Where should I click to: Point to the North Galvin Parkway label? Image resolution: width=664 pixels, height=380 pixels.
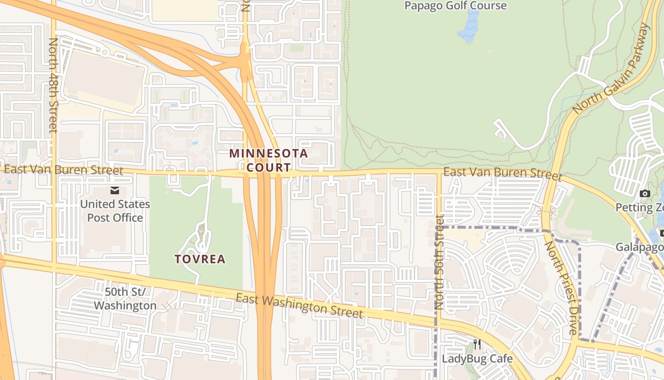pyautogui.click(x=610, y=68)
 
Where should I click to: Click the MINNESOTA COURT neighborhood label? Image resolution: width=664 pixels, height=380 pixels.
pyautogui.click(x=268, y=160)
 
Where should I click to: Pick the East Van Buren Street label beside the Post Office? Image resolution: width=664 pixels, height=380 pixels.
pyautogui.click(x=64, y=170)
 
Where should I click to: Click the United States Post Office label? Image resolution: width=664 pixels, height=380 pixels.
pyautogui.click(x=115, y=211)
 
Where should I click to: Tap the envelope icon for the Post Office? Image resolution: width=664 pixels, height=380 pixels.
pyautogui.click(x=115, y=190)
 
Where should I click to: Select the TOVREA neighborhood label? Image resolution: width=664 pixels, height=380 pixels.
pyautogui.click(x=200, y=259)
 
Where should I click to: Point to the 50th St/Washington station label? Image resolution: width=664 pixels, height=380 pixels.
pyautogui.click(x=125, y=299)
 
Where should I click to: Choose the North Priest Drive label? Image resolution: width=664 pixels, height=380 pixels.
pyautogui.click(x=561, y=288)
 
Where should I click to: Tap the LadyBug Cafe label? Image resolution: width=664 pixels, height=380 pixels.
pyautogui.click(x=477, y=358)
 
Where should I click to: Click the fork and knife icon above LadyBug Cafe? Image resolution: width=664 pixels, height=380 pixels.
pyautogui.click(x=477, y=344)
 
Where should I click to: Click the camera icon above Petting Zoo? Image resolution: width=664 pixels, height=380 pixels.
pyautogui.click(x=645, y=193)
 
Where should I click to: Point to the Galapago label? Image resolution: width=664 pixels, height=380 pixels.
pyautogui.click(x=640, y=247)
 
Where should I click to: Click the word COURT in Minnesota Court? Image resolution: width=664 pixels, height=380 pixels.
pyautogui.click(x=268, y=167)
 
